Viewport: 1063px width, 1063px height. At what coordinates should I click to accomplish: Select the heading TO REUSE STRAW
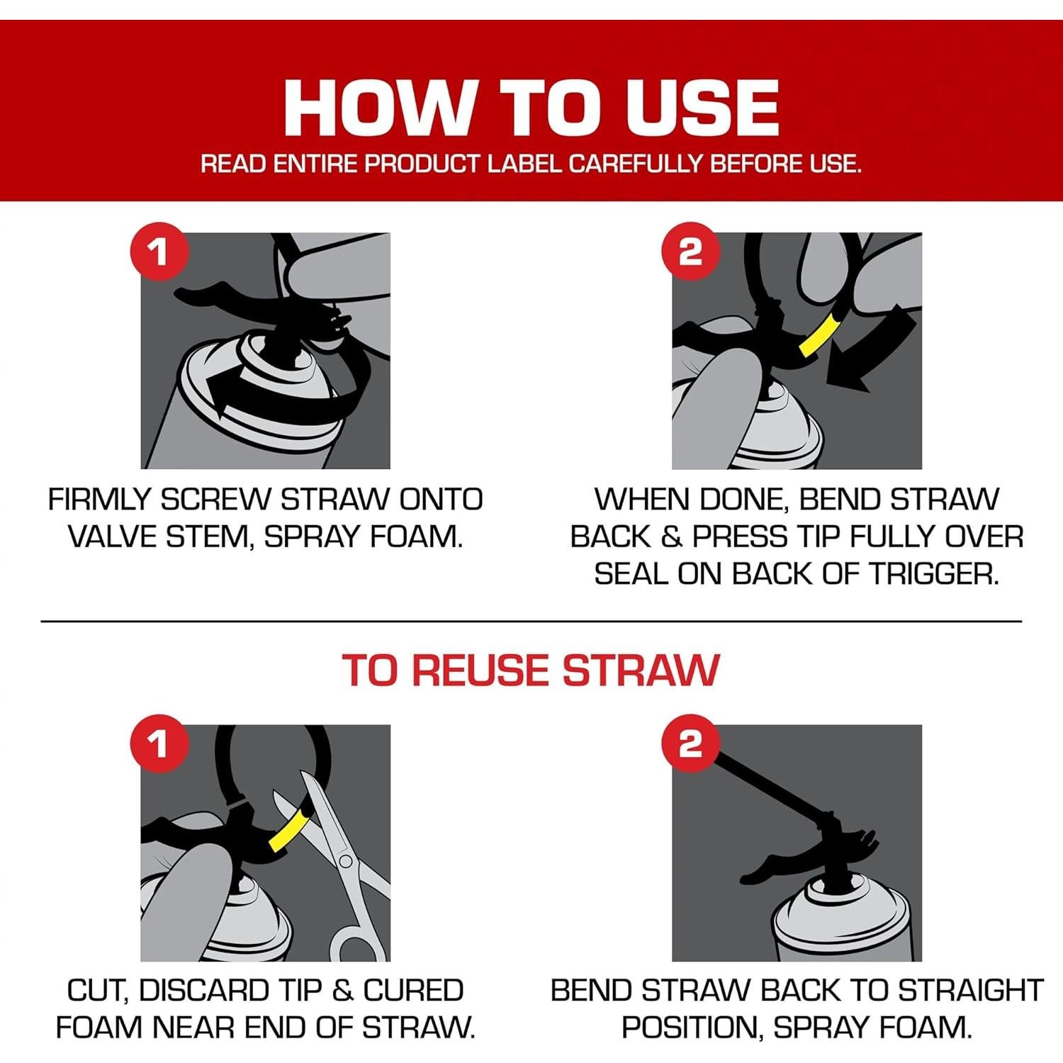(x=531, y=670)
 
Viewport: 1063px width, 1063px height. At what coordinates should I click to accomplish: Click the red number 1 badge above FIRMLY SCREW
(x=159, y=252)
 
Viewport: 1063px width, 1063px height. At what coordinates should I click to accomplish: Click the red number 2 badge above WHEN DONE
(x=690, y=252)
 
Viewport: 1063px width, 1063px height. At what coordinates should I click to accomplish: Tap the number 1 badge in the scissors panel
(x=159, y=744)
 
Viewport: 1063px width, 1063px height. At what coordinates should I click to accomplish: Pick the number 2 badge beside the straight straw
(x=690, y=744)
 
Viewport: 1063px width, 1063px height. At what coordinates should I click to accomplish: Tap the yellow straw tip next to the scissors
(x=289, y=828)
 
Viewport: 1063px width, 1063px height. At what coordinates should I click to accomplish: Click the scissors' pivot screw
(x=345, y=862)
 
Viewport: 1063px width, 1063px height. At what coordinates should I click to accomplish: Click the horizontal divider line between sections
(x=531, y=622)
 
